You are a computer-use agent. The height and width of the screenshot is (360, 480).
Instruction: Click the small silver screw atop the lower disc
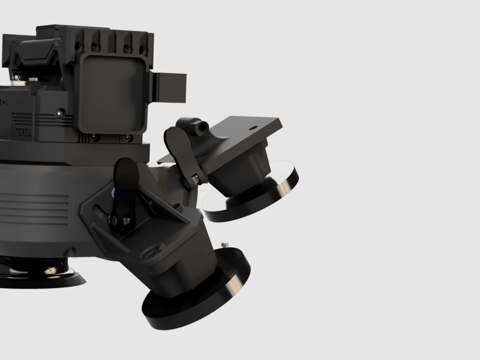click(225, 245)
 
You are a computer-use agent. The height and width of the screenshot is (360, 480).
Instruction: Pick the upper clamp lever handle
click(178, 148)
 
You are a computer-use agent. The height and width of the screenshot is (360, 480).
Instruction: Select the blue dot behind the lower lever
click(114, 192)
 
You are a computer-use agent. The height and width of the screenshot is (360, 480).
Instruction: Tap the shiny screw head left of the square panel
click(60, 113)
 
